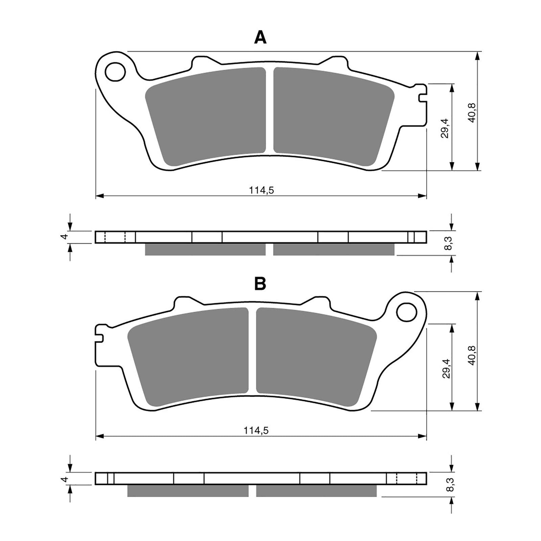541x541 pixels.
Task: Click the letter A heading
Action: point(260,37)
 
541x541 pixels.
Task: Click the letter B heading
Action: point(260,284)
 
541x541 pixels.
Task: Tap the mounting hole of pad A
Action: point(115,72)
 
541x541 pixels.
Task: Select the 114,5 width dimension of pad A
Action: point(261,190)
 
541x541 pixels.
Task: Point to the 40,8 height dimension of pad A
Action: point(472,112)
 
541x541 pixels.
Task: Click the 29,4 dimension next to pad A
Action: point(445,128)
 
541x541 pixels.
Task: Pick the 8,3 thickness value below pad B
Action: point(445,484)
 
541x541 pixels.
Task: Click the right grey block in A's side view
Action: point(333,250)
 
